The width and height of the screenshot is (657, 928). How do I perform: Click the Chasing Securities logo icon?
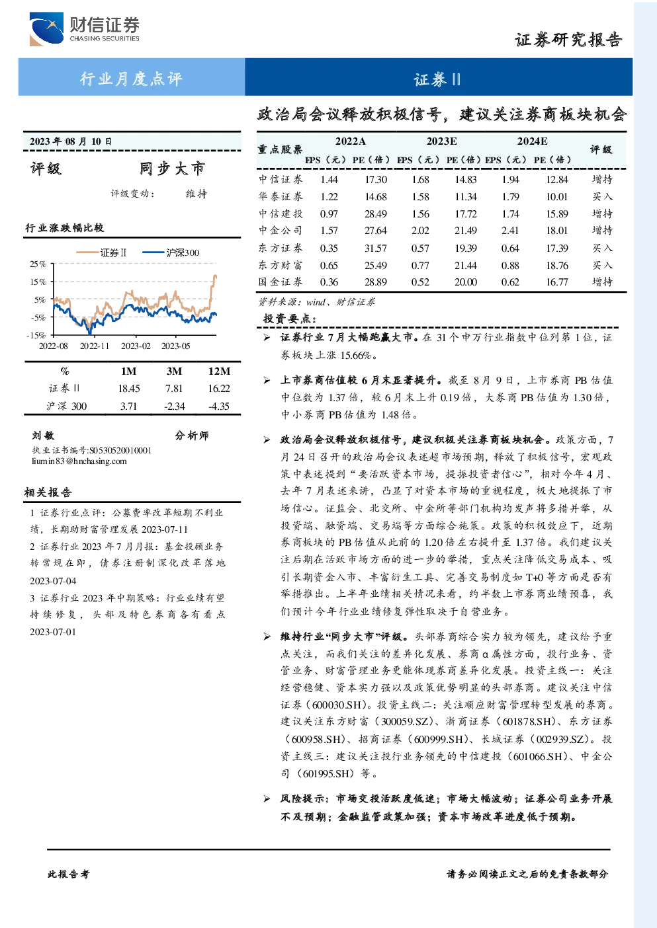(46, 28)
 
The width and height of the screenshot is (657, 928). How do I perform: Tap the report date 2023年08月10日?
(71, 141)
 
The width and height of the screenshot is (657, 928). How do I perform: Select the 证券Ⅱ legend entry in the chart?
(102, 252)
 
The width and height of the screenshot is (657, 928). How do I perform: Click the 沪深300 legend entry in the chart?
(171, 252)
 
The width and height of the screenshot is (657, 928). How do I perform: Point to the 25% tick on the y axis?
(38, 264)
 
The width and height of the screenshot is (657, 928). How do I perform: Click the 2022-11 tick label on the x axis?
(94, 346)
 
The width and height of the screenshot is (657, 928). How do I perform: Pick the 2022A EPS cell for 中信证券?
(329, 179)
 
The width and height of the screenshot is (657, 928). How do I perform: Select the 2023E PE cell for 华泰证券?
(465, 197)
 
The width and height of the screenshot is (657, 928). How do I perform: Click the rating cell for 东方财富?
(602, 265)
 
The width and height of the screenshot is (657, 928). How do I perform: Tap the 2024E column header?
(532, 141)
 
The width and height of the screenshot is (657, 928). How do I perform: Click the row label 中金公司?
(281, 230)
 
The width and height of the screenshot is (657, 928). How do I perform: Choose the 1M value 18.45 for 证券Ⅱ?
(129, 388)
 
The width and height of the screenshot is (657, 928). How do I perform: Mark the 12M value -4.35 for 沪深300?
(219, 406)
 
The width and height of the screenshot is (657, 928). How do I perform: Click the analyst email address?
(79, 461)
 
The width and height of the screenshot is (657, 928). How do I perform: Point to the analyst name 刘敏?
(43, 436)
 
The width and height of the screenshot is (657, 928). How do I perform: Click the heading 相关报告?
(48, 492)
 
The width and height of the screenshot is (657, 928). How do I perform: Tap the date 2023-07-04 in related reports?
(53, 581)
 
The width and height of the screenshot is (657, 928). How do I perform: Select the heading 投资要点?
(290, 319)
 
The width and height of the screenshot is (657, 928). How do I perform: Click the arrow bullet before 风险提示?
(267, 798)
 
